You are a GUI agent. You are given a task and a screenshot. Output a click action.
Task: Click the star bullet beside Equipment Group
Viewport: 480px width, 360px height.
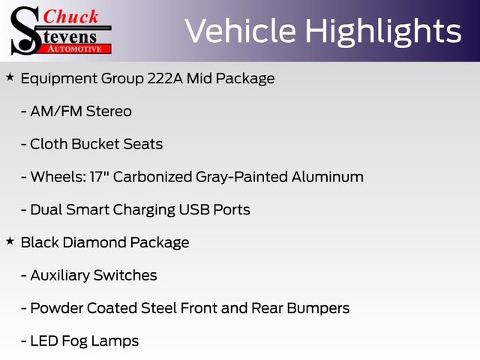(10, 77)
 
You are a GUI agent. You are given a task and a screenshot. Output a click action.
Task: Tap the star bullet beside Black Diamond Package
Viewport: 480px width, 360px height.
(10, 241)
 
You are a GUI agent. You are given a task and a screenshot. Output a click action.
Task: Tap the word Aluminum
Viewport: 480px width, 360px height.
(326, 177)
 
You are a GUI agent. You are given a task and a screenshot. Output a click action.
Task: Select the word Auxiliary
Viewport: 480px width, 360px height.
(61, 275)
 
